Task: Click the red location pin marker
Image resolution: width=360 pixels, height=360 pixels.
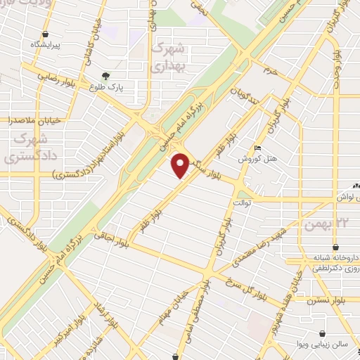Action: point(181,165)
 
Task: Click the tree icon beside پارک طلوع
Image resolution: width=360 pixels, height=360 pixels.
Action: point(106,75)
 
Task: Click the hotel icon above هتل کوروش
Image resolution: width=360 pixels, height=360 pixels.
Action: point(258,148)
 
